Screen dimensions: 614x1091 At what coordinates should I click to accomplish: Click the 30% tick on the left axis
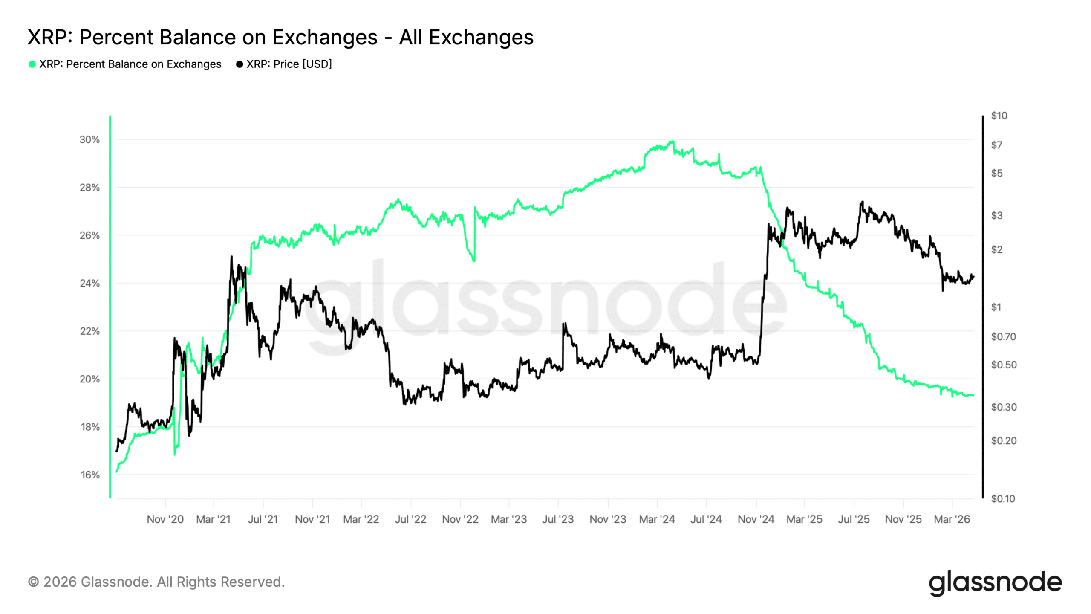pyautogui.click(x=89, y=140)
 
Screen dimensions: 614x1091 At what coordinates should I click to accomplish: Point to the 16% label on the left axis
pyautogui.click(x=89, y=475)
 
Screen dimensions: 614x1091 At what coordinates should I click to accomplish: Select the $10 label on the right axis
pyautogui.click(x=999, y=116)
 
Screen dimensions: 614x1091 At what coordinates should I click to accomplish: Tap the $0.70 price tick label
pyautogui.click(x=1003, y=337)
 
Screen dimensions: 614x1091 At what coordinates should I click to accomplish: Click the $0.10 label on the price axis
pyautogui.click(x=1003, y=499)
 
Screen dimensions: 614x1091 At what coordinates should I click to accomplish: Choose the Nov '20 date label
pyautogui.click(x=165, y=519)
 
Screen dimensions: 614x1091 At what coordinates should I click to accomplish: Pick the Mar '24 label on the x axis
pyautogui.click(x=657, y=519)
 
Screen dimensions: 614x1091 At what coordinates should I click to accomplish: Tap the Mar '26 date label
pyautogui.click(x=952, y=519)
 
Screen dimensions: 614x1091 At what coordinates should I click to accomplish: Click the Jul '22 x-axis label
pyautogui.click(x=410, y=519)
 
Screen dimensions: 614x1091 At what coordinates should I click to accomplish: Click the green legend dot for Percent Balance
pyautogui.click(x=32, y=64)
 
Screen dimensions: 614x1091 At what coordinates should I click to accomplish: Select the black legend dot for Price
pyautogui.click(x=240, y=64)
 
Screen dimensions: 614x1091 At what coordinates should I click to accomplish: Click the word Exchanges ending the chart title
pyautogui.click(x=481, y=37)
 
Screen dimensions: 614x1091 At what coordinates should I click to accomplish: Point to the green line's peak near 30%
pyautogui.click(x=672, y=142)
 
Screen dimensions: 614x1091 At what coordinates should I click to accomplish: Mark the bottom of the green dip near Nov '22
pyautogui.click(x=474, y=261)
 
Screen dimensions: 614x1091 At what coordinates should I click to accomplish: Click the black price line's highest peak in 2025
pyautogui.click(x=862, y=202)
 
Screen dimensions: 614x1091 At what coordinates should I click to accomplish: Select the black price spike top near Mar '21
pyautogui.click(x=232, y=257)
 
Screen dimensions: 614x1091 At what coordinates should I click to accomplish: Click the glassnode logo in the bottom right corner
pyautogui.click(x=995, y=582)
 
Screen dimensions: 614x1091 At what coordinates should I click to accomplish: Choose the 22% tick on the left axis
pyautogui.click(x=89, y=331)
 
